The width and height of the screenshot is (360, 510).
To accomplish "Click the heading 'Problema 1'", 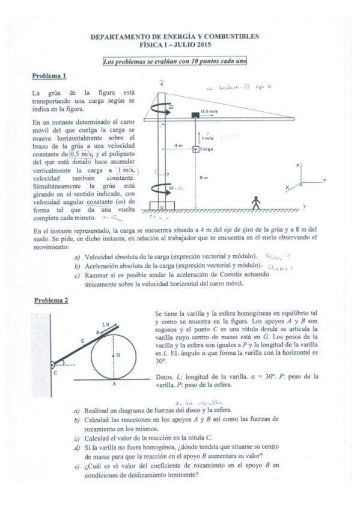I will coord(49,76).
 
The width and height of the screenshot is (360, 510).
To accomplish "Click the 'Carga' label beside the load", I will coord(207,148).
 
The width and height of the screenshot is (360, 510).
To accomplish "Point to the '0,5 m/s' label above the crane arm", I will coord(210,111).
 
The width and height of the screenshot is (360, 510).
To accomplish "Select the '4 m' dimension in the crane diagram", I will coord(178,146).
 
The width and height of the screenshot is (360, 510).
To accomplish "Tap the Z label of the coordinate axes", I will coord(299,164).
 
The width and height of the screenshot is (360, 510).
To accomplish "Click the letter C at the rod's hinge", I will coord(55,373).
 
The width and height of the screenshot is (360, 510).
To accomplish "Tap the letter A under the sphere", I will coord(115,384).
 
